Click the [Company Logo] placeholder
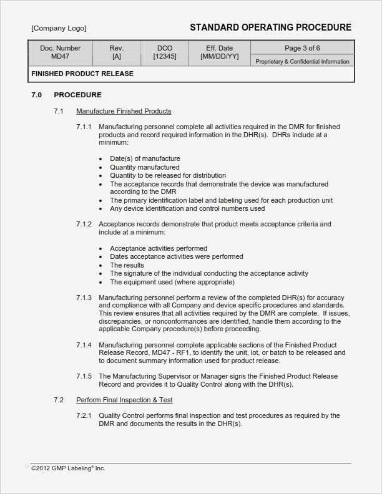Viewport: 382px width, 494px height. coord(59,28)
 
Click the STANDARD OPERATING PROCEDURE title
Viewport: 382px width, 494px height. coord(270,27)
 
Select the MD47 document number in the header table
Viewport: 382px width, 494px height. coord(61,57)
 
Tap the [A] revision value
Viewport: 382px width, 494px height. coord(117,57)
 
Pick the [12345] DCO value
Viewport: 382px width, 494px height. coord(165,57)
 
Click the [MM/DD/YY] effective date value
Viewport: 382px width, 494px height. coord(219,57)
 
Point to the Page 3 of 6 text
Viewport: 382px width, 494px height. coord(303,48)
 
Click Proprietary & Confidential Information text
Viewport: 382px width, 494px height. coord(303,62)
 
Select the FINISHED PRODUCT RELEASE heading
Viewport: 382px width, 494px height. coord(82,74)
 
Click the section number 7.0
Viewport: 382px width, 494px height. coord(37,95)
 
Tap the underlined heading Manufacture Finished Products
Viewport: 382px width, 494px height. coord(124,111)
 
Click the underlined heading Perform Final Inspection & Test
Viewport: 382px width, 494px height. coord(124,399)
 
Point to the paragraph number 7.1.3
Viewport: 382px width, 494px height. coord(84,298)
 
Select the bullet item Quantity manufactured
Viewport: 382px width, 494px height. coord(145,167)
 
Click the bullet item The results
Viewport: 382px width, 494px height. coord(127,265)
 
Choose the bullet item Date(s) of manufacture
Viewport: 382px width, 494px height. coord(145,158)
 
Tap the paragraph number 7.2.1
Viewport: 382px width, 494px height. coord(84,415)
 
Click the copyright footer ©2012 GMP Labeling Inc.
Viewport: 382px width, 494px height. coord(68,468)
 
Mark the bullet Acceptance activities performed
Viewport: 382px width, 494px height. coord(159,248)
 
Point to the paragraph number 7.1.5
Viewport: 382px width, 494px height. coord(84,376)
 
